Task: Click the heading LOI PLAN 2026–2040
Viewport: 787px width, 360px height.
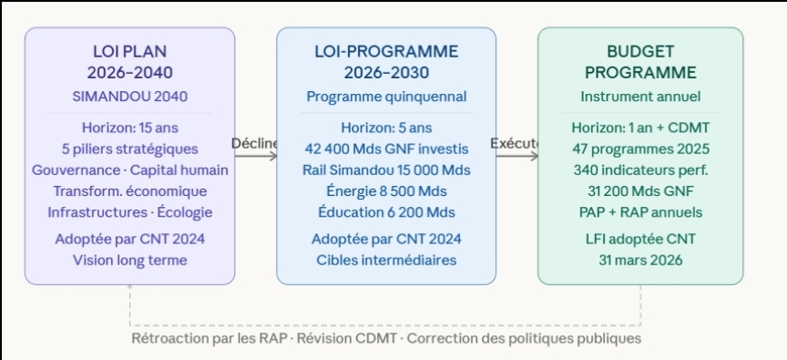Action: pos(129,62)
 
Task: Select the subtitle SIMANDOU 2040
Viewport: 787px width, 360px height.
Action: pos(129,97)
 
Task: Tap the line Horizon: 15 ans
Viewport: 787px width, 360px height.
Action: pos(130,128)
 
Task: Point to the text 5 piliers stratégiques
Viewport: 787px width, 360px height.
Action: pos(130,149)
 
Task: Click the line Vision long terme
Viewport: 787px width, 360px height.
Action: pos(130,260)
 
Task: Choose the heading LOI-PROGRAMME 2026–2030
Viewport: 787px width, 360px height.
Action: pos(386,62)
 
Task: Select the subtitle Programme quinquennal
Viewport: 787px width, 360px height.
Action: pos(386,97)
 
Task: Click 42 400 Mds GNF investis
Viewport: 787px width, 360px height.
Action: pos(386,149)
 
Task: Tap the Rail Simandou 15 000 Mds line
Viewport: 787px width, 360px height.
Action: pos(386,170)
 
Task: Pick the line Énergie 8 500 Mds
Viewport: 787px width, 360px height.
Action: pos(386,191)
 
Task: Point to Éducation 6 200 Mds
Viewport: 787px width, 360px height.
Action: pos(386,212)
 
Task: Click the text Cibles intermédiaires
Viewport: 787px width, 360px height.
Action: pos(386,260)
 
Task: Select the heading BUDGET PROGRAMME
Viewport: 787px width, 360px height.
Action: pos(640,62)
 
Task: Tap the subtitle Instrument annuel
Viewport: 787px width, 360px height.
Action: pos(640,97)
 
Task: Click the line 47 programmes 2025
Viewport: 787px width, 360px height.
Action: pos(640,149)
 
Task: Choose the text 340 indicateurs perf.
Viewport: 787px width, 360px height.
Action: pos(640,170)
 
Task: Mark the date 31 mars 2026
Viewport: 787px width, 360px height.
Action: pos(640,260)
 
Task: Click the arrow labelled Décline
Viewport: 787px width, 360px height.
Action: pos(256,156)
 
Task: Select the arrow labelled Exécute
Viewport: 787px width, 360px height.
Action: pos(517,156)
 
